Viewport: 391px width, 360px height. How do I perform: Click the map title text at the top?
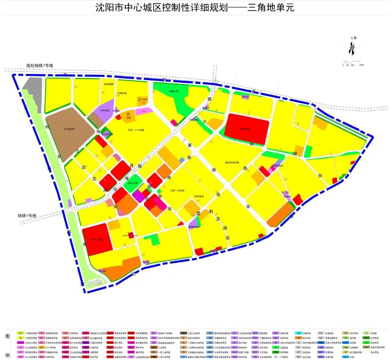[195, 8]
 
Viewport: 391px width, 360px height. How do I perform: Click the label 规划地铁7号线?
[40, 66]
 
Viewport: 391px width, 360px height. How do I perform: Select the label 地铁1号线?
[27, 216]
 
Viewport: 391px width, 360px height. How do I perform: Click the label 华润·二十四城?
[136, 130]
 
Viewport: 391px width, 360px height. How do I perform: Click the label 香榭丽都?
[109, 84]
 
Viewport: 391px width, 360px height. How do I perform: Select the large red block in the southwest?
[97, 239]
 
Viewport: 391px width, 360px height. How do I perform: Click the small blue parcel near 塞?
[182, 160]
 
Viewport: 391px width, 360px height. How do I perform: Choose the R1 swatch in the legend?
[20, 333]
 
